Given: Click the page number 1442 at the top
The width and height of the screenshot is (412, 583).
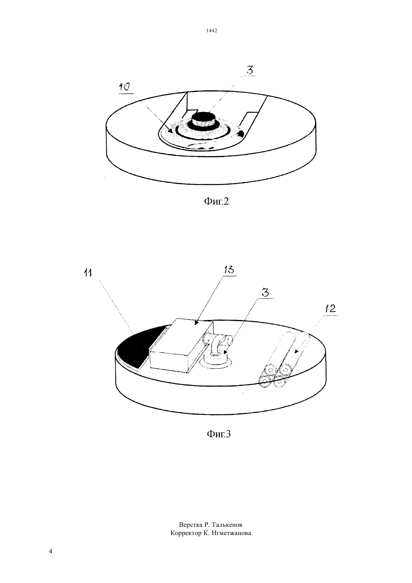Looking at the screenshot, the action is (212, 30).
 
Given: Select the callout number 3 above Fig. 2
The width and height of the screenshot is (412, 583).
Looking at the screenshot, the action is (250, 70).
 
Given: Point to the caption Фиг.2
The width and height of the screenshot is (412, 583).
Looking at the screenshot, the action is (216, 201).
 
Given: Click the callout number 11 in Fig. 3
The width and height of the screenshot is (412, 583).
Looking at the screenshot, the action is (88, 273).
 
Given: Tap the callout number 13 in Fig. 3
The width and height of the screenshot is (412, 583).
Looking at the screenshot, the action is (229, 270).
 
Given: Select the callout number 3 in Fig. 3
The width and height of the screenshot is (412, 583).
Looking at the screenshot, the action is (265, 293).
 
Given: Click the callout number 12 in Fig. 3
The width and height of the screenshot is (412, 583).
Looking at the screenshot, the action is (330, 309).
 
